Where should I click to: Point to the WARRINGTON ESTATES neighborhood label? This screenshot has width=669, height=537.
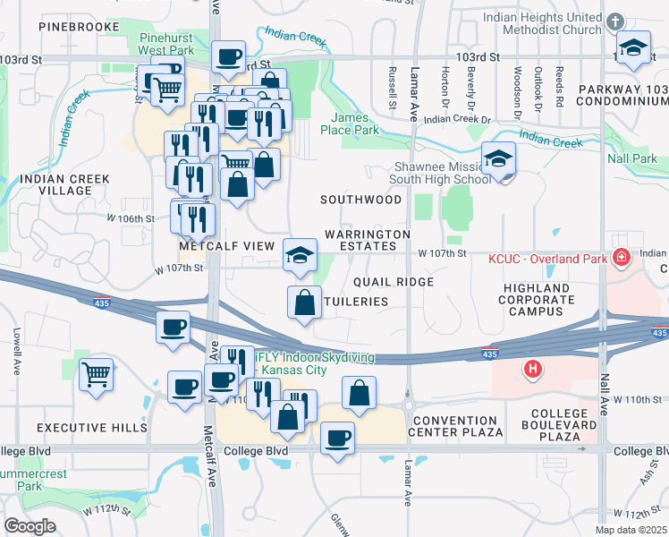367,240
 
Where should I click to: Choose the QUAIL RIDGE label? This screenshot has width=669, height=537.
394,281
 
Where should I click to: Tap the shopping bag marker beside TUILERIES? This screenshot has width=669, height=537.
305,302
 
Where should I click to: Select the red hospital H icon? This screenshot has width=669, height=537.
533,368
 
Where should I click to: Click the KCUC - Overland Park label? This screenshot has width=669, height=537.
546,259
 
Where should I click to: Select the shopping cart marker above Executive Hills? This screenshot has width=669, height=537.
97,373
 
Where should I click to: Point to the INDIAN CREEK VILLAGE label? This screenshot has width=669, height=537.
64,185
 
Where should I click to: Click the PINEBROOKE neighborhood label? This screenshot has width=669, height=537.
80,28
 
